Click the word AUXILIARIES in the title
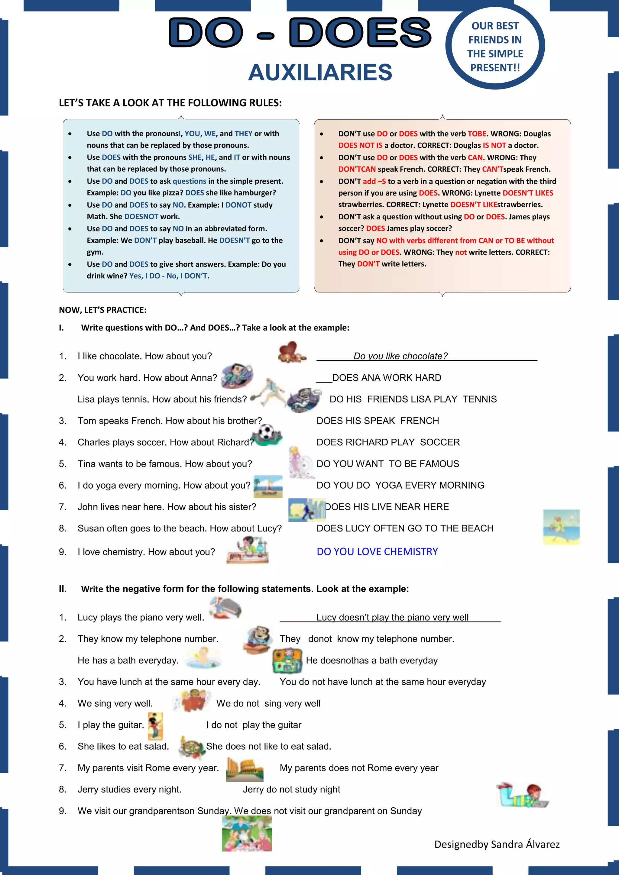(x=320, y=73)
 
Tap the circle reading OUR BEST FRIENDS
(x=495, y=47)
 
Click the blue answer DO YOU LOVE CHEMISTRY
(x=377, y=551)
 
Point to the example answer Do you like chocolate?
(x=400, y=356)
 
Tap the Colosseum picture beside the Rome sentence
(x=244, y=769)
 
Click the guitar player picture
(x=155, y=726)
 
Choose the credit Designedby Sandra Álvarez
(x=497, y=844)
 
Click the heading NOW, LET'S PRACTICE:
(x=102, y=310)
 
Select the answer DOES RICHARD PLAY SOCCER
(x=388, y=442)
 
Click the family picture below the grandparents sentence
(x=247, y=834)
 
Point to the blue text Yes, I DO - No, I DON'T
(x=169, y=276)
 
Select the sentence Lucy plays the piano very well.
(x=141, y=617)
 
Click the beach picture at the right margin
(x=561, y=527)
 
